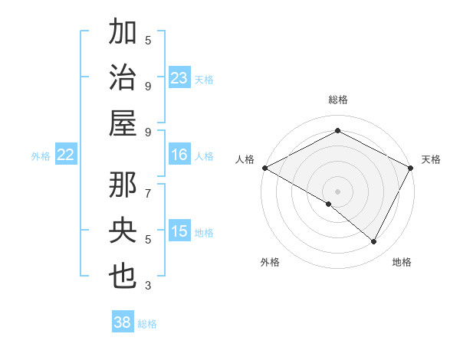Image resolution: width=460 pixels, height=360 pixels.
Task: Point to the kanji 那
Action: click(123, 185)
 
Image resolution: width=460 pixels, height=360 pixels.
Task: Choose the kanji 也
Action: click(123, 275)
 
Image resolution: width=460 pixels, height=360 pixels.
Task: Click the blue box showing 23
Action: click(179, 78)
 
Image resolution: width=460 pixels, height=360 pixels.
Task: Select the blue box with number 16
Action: click(179, 155)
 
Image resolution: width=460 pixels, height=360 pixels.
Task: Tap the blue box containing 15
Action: click(179, 231)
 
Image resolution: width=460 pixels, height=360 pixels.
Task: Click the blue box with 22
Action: click(66, 155)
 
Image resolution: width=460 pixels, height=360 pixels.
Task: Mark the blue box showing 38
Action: click(123, 322)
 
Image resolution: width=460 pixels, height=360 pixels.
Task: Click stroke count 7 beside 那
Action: click(148, 187)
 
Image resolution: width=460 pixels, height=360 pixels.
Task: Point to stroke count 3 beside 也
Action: click(148, 286)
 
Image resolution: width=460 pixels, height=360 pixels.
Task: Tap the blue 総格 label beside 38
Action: click(148, 324)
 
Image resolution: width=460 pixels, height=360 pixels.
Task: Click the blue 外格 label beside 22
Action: click(41, 156)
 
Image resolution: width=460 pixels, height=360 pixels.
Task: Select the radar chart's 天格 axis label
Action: click(431, 159)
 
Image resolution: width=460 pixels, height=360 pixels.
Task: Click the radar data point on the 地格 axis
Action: click(374, 241)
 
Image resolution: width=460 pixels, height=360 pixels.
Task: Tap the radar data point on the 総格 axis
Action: click(337, 131)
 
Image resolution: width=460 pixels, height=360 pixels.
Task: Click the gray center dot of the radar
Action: click(337, 191)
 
